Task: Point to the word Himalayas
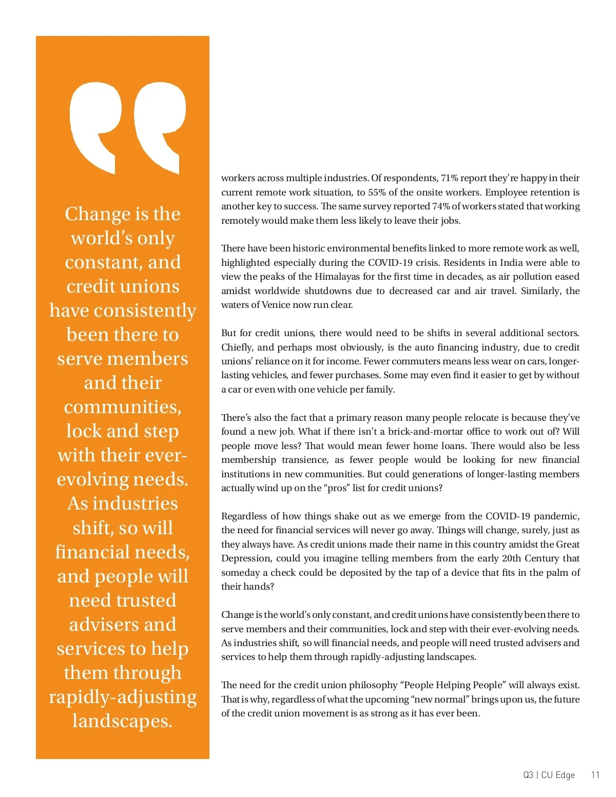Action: tap(337, 277)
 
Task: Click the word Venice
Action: tap(276, 305)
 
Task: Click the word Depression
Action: tap(245, 558)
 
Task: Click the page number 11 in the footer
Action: tap(595, 775)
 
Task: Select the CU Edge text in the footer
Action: tap(558, 775)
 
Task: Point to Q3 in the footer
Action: tap(528, 775)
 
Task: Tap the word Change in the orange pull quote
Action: tap(98, 214)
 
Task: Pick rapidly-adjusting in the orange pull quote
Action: tap(123, 697)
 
